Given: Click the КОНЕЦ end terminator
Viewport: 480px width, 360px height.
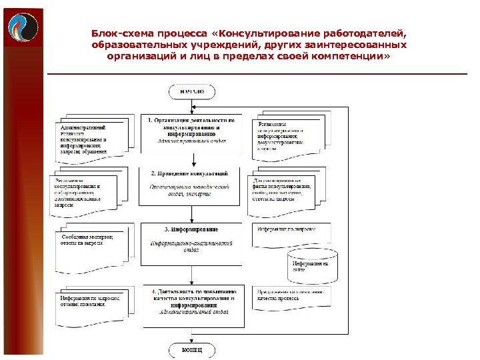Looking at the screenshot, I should point(191,349).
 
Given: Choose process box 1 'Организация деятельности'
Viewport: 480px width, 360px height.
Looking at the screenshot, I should point(191,130).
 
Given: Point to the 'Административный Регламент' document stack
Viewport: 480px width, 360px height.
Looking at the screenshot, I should point(84,138).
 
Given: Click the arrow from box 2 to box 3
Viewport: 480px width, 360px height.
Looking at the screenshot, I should point(192,215).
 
